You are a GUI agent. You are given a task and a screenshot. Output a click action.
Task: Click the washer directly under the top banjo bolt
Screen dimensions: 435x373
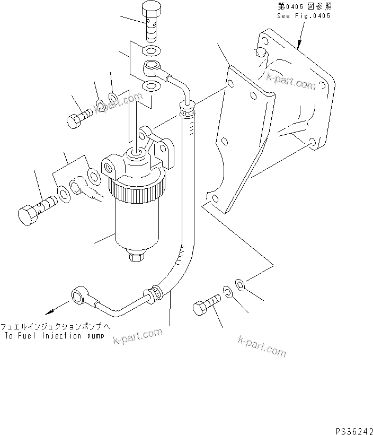(x=152, y=51)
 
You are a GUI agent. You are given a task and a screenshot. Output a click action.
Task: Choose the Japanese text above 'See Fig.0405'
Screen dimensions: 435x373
(x=304, y=7)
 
